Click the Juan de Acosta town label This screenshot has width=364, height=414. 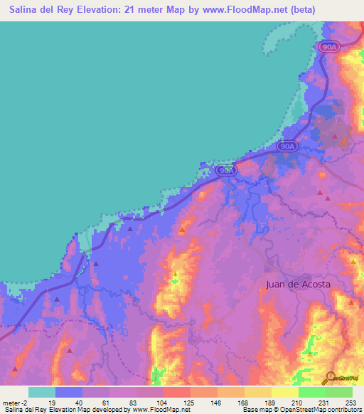point(298,284)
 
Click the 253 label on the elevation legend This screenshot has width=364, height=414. point(351,402)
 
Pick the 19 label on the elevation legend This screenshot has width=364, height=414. point(53,402)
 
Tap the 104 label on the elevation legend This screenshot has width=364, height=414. point(162,402)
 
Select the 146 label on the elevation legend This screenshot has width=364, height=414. point(216,402)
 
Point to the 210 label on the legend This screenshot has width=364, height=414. point(297,402)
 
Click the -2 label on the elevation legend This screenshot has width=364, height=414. point(27,402)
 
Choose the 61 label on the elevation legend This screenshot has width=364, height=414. point(108,402)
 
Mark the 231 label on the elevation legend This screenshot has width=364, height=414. point(324,402)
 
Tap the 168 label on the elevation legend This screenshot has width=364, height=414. point(243,402)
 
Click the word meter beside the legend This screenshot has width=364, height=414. point(12,402)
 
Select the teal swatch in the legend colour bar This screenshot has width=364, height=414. point(42,392)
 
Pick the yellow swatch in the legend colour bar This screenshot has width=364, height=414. point(285,392)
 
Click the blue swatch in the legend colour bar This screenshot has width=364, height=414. point(69,392)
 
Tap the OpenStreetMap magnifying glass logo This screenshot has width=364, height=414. point(329,377)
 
